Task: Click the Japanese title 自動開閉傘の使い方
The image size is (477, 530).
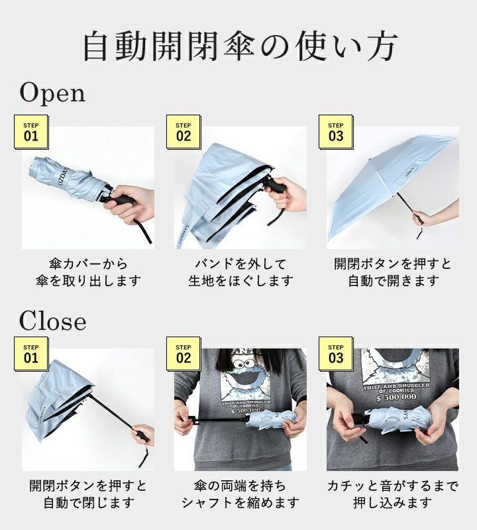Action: coord(239,46)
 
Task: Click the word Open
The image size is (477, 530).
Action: coord(52,93)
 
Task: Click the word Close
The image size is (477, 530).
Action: coord(52,321)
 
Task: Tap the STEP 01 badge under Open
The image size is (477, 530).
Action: coord(31,132)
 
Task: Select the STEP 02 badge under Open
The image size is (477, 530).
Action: coord(184,132)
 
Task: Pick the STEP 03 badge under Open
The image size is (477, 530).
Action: coord(336,132)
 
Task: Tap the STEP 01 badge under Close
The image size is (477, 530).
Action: coord(31,354)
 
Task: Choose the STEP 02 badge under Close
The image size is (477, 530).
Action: coord(184,354)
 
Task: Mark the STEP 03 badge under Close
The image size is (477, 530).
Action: coord(336,354)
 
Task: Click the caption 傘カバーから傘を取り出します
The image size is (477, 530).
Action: coord(88,272)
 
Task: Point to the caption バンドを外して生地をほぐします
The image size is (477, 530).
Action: coord(240,272)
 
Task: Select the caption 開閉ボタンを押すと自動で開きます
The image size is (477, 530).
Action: coord(393,272)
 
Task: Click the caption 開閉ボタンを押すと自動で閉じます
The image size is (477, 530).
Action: coord(88,494)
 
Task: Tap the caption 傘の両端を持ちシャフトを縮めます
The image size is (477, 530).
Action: coord(240,494)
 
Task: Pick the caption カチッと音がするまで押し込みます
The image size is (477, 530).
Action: coord(393,494)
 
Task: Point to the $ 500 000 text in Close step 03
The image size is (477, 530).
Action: coord(396,397)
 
